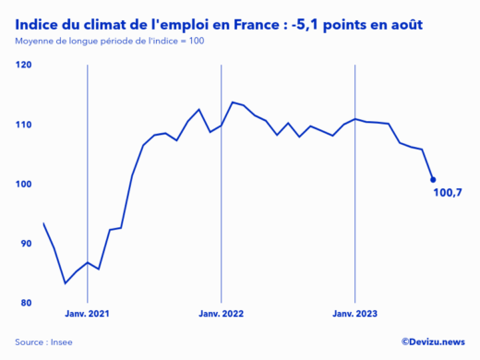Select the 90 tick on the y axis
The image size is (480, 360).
25,244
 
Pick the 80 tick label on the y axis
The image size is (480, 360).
25,304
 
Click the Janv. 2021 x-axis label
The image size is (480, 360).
87,315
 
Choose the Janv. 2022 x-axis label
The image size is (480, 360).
222,315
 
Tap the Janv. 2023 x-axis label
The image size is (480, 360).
356,315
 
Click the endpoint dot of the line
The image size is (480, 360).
433,180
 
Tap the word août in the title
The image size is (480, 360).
404,24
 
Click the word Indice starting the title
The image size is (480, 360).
38,24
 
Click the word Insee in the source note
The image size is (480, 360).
61,342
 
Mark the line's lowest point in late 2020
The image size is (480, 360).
66,282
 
